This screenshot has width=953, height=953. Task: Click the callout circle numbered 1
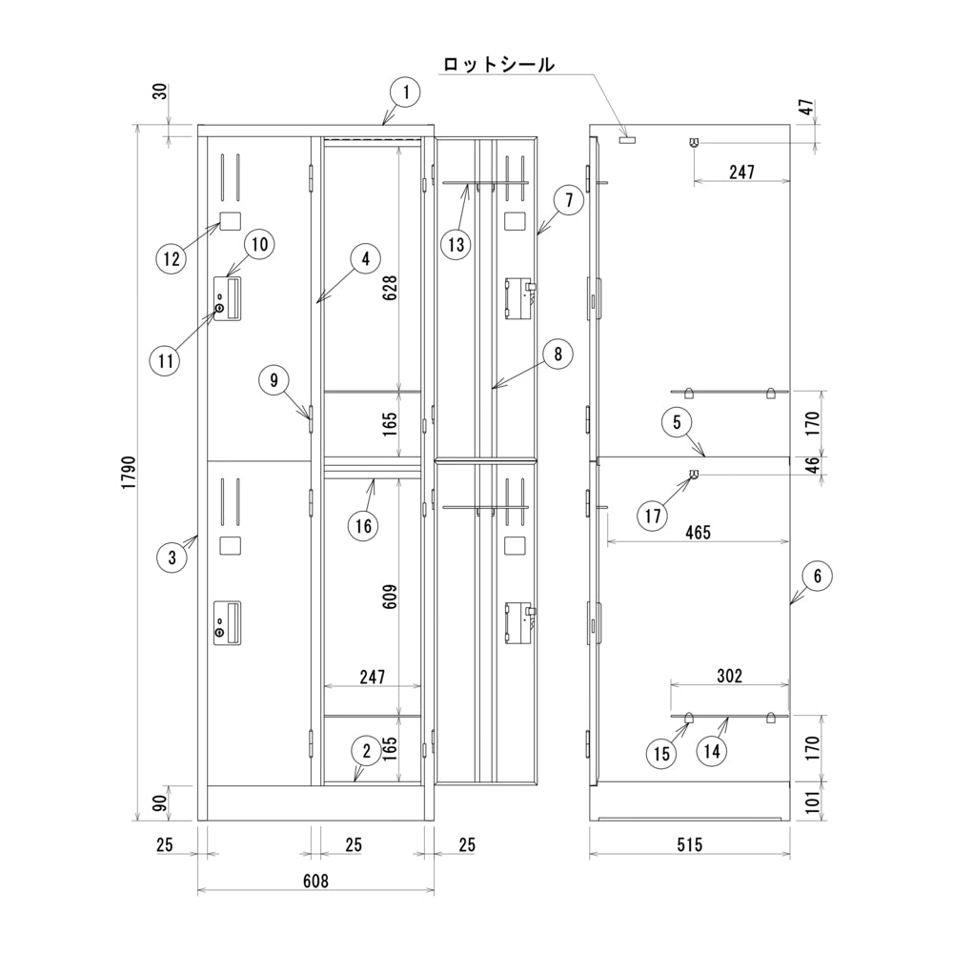click(406, 93)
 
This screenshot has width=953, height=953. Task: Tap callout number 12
click(172, 259)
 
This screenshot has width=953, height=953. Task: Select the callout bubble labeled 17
click(653, 516)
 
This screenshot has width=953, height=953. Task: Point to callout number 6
click(817, 576)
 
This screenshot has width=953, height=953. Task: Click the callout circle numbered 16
click(363, 525)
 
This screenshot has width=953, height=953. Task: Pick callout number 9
click(274, 380)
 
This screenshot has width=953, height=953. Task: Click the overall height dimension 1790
click(129, 473)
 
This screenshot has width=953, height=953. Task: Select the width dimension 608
click(316, 881)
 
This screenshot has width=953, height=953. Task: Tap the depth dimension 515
click(690, 844)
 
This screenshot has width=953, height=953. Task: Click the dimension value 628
click(390, 287)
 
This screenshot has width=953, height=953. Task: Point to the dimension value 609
click(390, 597)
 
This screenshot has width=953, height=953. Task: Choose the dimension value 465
click(698, 533)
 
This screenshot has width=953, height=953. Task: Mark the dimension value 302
click(729, 676)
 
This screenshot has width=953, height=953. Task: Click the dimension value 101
click(813, 802)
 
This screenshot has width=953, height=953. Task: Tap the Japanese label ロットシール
click(498, 64)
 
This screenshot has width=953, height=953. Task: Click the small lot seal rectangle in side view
click(627, 140)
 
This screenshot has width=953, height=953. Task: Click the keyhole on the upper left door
click(219, 309)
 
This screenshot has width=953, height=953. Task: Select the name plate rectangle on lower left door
click(230, 545)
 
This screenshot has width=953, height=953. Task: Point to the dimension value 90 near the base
click(160, 803)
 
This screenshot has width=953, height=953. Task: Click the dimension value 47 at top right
click(806, 109)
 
